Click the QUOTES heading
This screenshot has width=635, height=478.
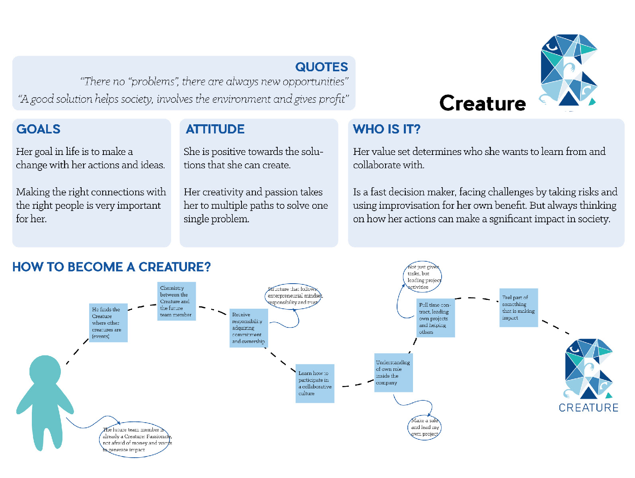click(x=321, y=67)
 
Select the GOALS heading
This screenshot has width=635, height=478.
click(x=38, y=129)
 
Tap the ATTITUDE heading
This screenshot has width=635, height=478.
click(x=215, y=129)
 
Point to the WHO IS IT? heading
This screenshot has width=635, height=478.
click(x=386, y=129)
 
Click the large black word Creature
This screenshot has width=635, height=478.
click(x=483, y=104)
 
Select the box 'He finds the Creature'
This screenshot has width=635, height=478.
click(x=108, y=323)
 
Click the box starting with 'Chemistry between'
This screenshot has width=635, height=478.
click(x=176, y=301)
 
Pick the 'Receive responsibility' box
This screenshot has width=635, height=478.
click(x=249, y=328)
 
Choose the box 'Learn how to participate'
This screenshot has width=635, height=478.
click(x=315, y=383)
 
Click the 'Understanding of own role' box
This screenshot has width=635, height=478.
click(x=393, y=372)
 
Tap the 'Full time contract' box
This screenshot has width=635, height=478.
click(x=435, y=318)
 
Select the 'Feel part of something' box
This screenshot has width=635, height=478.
click(x=518, y=308)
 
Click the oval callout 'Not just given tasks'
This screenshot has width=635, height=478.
click(x=423, y=276)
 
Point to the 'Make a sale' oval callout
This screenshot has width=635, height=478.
click(x=425, y=427)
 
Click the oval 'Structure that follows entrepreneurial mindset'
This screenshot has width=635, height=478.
click(x=293, y=296)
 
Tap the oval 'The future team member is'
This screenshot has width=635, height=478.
click(x=134, y=439)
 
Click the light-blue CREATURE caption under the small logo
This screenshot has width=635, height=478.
click(x=588, y=408)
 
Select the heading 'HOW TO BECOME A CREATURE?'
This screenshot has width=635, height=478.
click(x=111, y=267)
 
